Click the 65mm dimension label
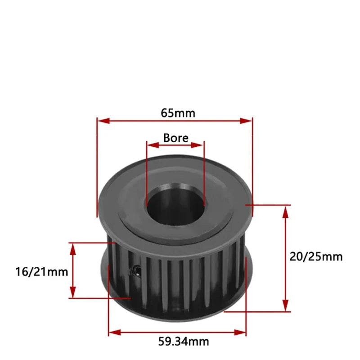pyautogui.click(x=178, y=112)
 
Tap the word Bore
pyautogui.click(x=176, y=138)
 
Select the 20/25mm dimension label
pyautogui.click(x=316, y=256)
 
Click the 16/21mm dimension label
pyautogui.click(x=41, y=272)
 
